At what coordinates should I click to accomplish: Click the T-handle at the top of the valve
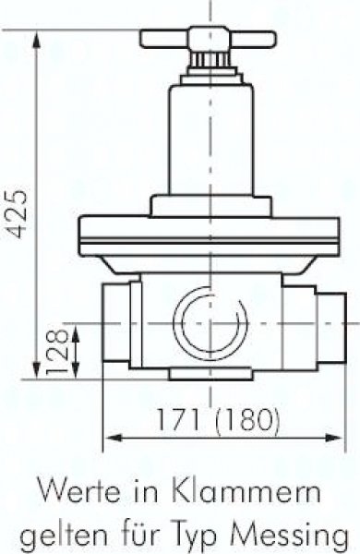[208, 39]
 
